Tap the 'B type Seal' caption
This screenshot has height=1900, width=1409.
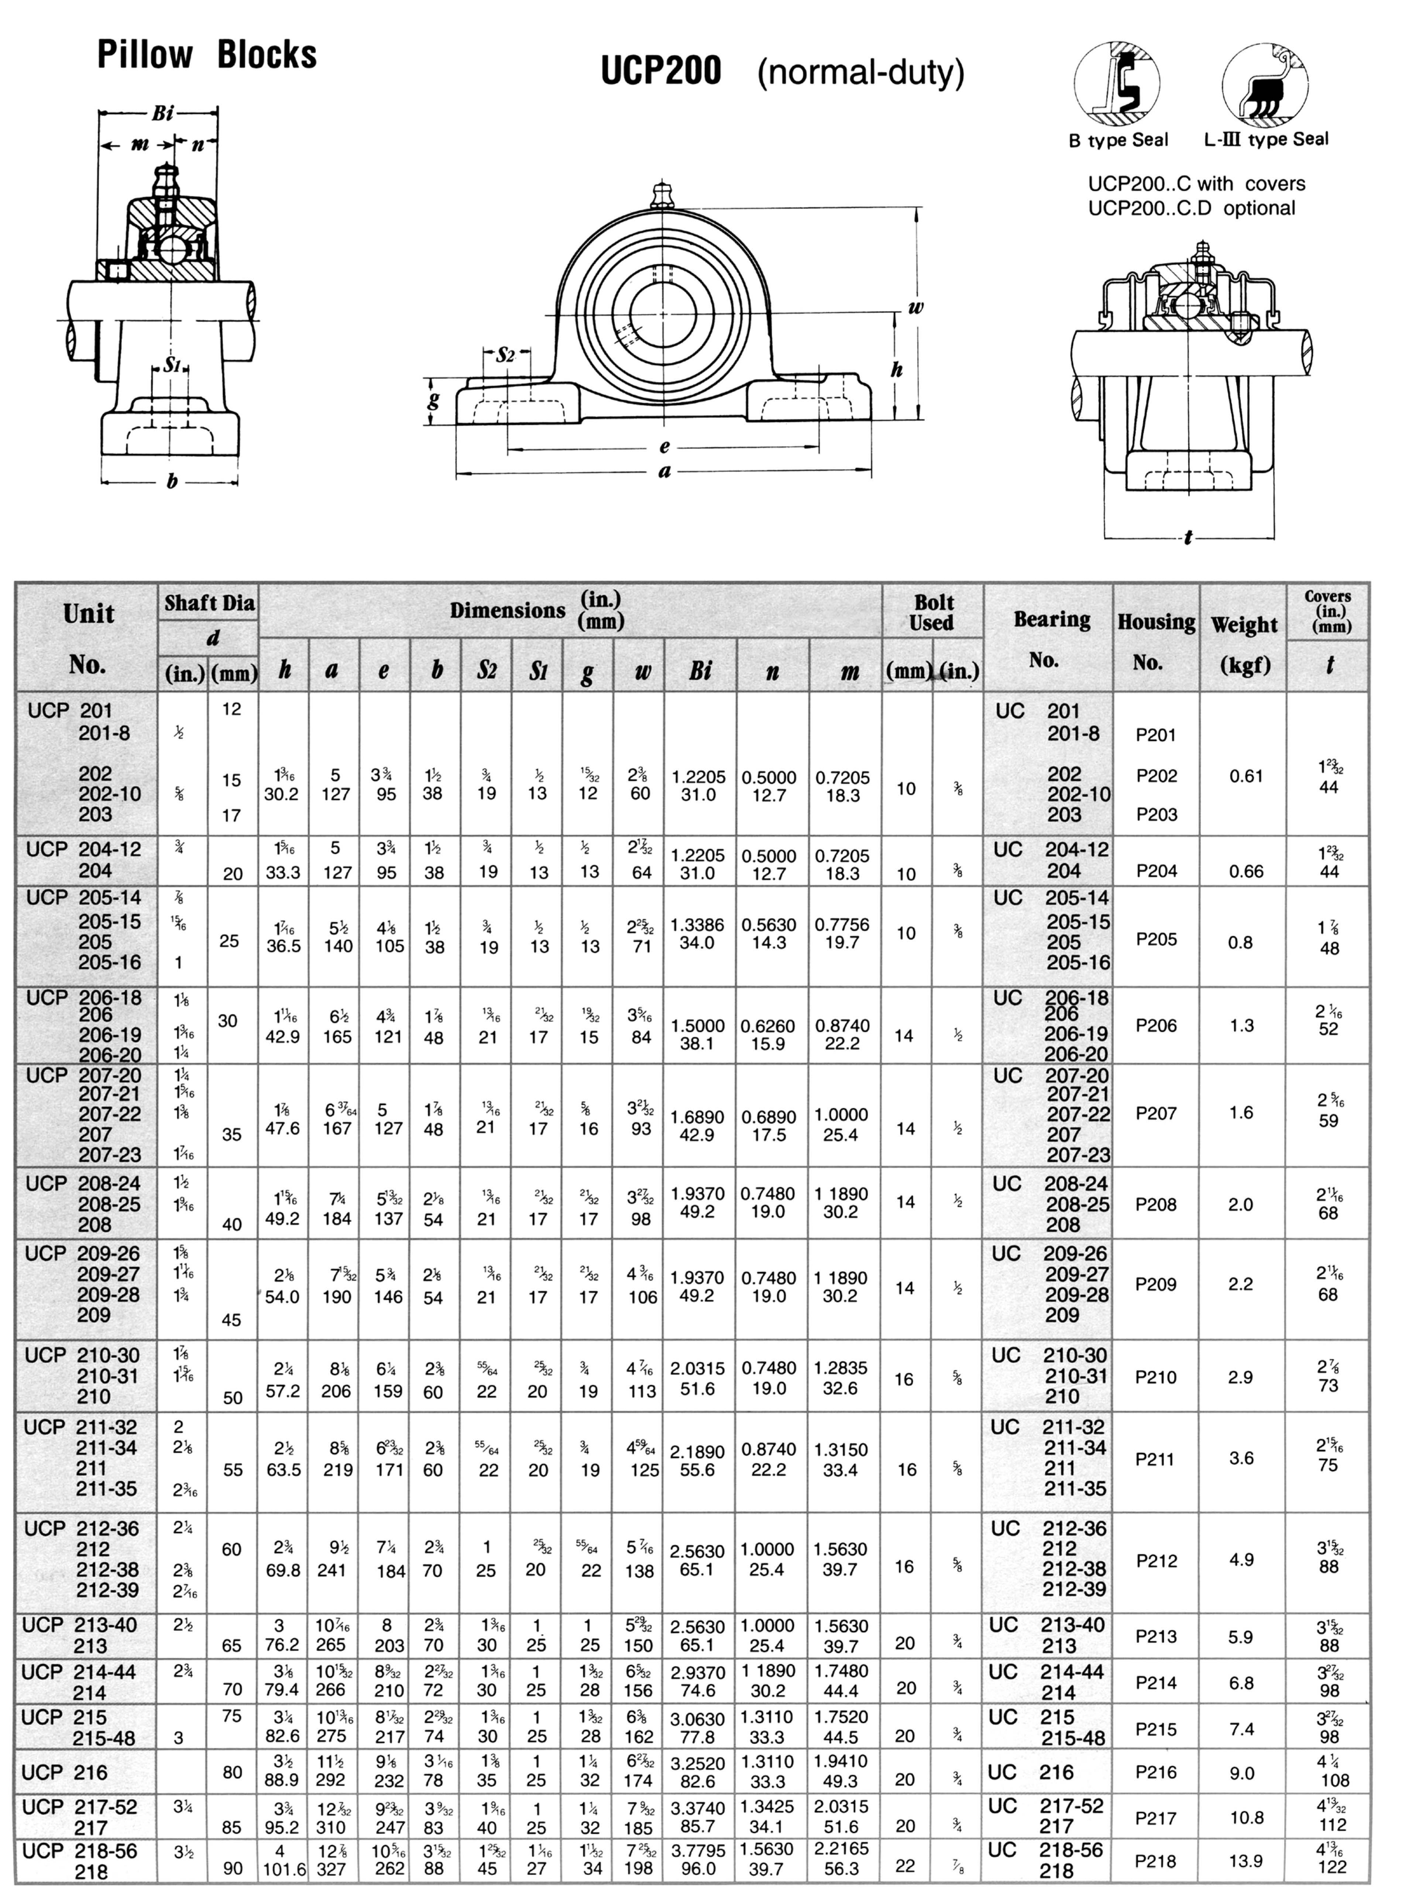point(1118,140)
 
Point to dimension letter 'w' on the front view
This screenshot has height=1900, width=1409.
point(915,307)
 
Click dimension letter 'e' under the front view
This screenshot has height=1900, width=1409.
point(664,446)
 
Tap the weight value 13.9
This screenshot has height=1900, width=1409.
point(1245,1861)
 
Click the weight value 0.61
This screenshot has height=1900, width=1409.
point(1245,776)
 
